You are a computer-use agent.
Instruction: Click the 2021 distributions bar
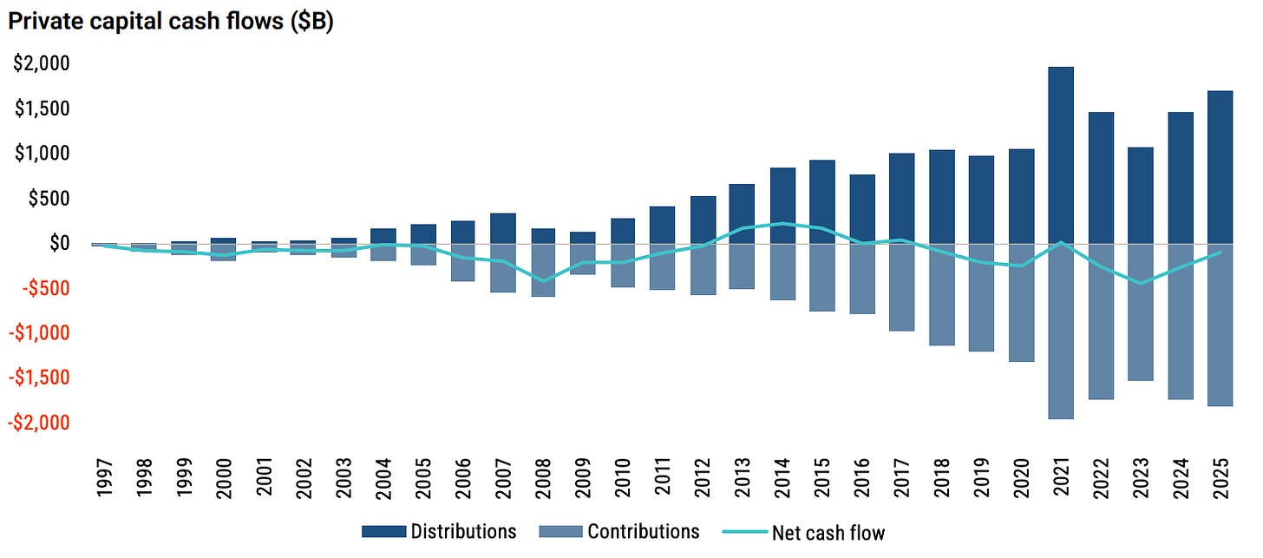(1061, 155)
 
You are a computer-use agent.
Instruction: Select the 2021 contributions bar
(1061, 332)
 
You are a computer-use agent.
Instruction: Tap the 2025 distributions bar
(1220, 167)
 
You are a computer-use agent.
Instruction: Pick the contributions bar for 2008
(543, 270)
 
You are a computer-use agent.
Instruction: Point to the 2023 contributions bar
(1141, 312)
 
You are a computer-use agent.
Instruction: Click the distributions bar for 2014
(782, 206)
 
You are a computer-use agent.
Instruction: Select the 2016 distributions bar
(862, 209)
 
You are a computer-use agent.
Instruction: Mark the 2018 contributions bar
(942, 294)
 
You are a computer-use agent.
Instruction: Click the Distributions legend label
(463, 531)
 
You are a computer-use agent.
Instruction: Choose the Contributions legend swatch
(560, 531)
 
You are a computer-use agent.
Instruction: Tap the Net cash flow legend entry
(803, 532)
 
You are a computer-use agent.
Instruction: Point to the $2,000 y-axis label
(42, 63)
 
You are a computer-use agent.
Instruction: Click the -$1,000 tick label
(40, 332)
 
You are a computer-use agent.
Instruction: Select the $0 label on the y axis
(59, 243)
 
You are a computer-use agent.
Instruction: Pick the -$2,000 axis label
(40, 422)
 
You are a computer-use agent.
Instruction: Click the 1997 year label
(105, 478)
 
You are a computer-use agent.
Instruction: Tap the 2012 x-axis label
(703, 478)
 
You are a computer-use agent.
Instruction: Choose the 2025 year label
(1220, 478)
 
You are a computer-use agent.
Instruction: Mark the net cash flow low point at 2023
(1141, 283)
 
